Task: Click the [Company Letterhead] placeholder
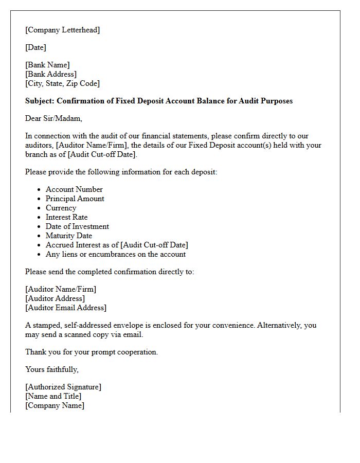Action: [62, 30]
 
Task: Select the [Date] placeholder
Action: [35, 47]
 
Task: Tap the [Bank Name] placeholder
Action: [47, 65]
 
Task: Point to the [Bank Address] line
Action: [51, 74]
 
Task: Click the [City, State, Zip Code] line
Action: [62, 83]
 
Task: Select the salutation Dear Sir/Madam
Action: [53, 118]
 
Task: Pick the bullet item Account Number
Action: [74, 189]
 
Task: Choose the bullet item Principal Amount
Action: [75, 199]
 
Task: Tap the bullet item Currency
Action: [61, 208]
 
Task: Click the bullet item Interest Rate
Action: [66, 217]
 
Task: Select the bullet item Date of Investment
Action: [77, 226]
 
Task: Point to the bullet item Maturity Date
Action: [69, 236]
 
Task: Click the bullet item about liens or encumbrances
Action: [115, 254]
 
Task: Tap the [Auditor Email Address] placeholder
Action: [66, 308]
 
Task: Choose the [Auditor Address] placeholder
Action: [55, 298]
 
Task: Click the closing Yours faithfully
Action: [52, 369]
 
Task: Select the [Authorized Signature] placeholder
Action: [63, 387]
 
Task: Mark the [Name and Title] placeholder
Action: [53, 396]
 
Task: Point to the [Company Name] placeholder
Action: [55, 405]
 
